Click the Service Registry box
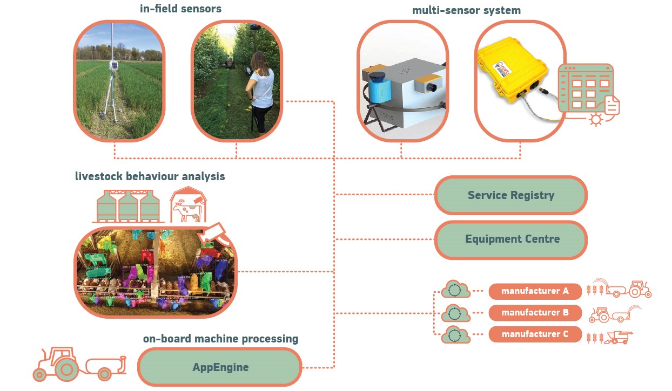510,195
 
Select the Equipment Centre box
510,239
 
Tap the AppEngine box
220,368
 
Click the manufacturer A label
535,291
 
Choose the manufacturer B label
535,313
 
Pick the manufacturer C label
535,334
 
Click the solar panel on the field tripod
114,65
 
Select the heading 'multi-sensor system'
466,10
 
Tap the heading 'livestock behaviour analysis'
150,176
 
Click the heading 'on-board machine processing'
220,339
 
